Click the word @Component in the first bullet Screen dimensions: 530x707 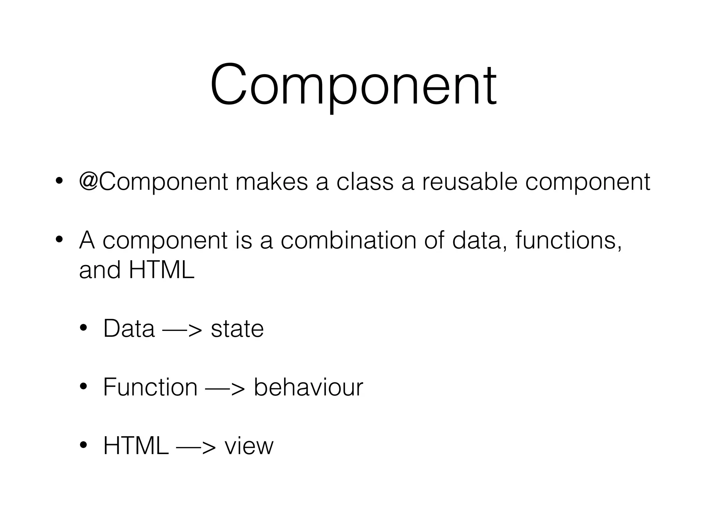[x=154, y=182]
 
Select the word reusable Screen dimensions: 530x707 [x=469, y=182]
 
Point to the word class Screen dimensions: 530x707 [x=365, y=182]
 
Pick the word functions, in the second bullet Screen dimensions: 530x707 [x=568, y=240]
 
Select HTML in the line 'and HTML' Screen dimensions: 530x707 [x=162, y=269]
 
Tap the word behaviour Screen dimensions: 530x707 [x=308, y=387]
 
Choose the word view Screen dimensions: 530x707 [x=249, y=446]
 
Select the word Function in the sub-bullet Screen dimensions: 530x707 [x=150, y=387]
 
